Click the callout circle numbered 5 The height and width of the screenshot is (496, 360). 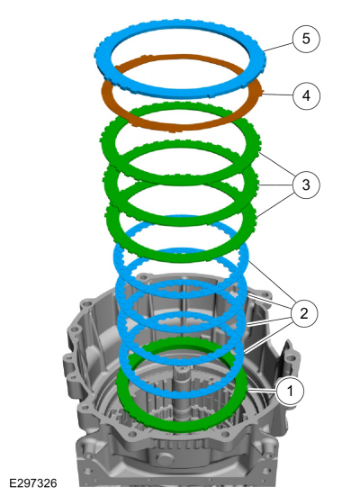(x=306, y=39)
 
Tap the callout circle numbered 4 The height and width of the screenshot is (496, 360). (x=306, y=95)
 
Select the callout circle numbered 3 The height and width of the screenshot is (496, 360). (x=306, y=185)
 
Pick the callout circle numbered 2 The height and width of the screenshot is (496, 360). (x=304, y=313)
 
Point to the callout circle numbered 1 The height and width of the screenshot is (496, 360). (x=290, y=391)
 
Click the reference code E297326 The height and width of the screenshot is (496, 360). (x=33, y=483)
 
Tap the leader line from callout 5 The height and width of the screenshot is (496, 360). (x=279, y=47)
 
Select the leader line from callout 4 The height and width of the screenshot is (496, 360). (x=277, y=95)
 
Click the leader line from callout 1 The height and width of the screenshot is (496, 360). (x=262, y=392)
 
